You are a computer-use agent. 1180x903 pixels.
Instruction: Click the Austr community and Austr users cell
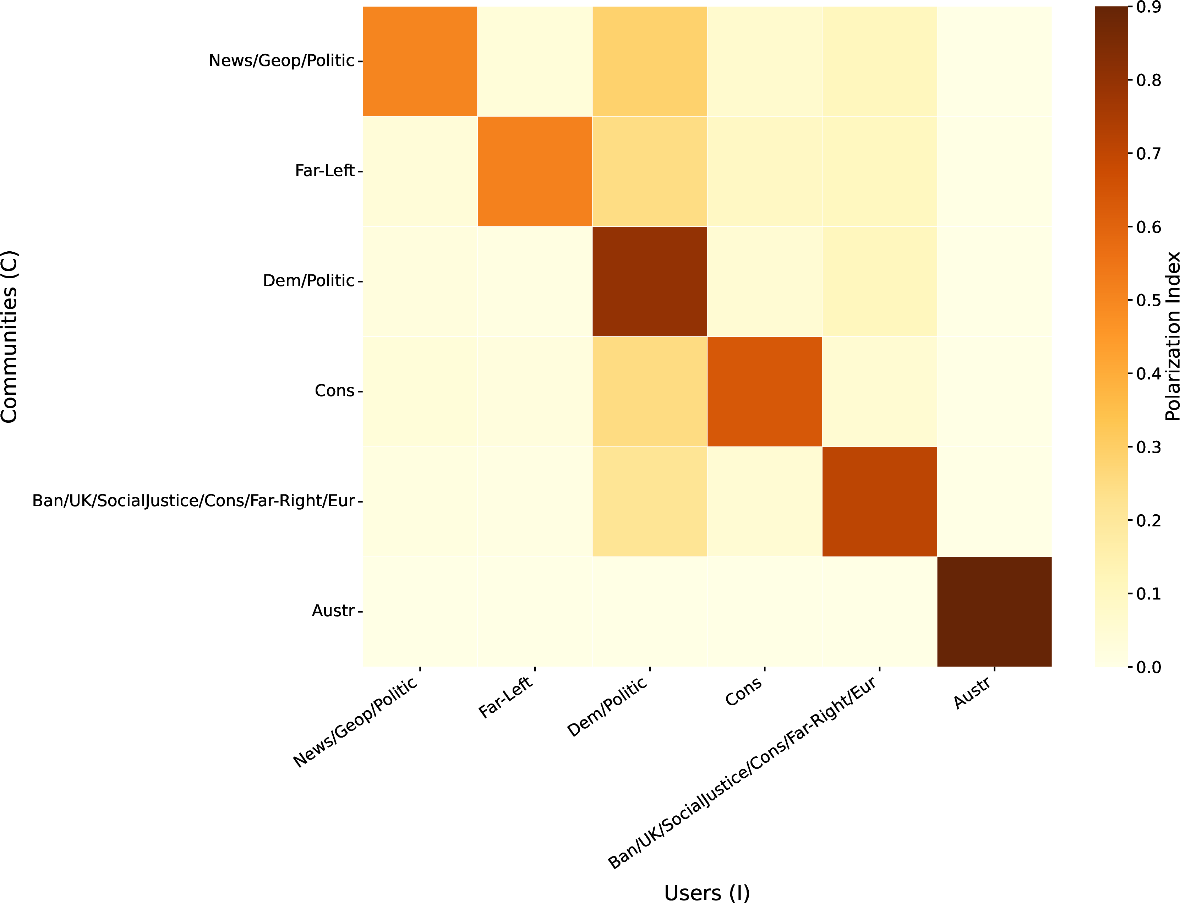pos(994,612)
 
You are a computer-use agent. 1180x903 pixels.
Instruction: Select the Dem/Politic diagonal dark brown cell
pos(649,281)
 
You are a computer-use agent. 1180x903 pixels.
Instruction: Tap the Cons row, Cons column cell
pos(764,391)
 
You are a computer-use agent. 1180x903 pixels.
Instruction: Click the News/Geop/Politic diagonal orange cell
pos(420,61)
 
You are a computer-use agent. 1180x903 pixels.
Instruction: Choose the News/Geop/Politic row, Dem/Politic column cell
pos(649,61)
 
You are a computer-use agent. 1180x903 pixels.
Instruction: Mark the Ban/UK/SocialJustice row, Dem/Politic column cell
pos(649,502)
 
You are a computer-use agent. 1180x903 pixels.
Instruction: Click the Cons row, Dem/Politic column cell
pos(649,391)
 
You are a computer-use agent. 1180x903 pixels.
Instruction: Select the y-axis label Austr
pos(333,611)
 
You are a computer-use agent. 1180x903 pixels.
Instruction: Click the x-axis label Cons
pos(743,692)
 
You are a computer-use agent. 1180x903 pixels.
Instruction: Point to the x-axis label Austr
pos(972,693)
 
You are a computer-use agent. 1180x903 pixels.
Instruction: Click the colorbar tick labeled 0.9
pos(1148,7)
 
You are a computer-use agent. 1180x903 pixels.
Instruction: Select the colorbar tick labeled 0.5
pos(1148,300)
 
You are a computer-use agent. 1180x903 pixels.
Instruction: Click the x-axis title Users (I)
pos(706,892)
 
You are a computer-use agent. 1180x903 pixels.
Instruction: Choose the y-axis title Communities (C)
pos(10,336)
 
